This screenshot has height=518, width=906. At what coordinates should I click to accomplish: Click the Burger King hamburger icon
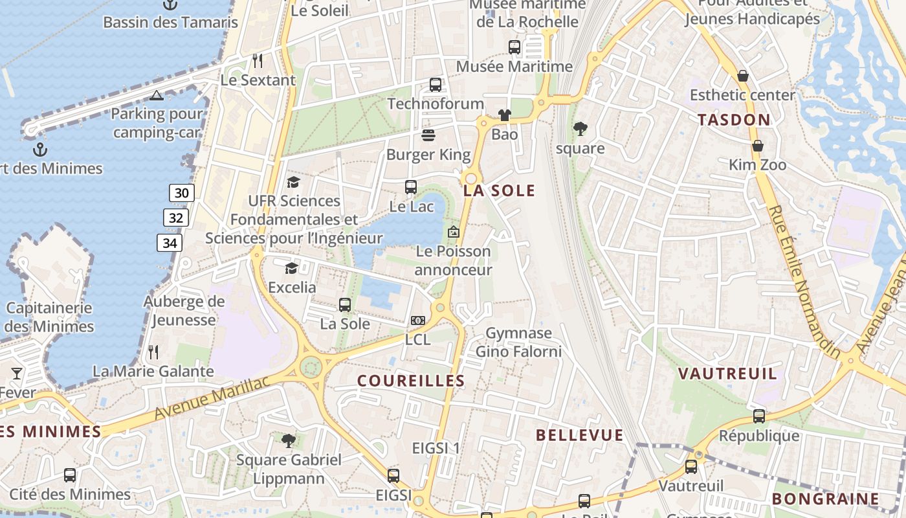coord(428,135)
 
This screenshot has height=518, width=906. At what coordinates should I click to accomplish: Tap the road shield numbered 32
coord(176,218)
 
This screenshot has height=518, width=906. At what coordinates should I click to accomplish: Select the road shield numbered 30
coord(182,192)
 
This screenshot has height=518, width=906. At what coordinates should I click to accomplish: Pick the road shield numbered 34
coord(170,243)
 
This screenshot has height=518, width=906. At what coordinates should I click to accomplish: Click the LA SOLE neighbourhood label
coord(499,190)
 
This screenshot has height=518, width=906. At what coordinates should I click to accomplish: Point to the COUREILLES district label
coord(411,381)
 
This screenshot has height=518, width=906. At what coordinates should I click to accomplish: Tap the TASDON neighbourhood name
coord(734,120)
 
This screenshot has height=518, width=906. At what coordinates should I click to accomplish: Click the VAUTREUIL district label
coord(727,374)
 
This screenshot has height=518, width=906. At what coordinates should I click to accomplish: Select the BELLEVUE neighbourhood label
coord(579,435)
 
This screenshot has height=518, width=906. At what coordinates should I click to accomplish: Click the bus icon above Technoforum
coord(436,84)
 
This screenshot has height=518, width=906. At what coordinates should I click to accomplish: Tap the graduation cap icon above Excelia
coord(291,267)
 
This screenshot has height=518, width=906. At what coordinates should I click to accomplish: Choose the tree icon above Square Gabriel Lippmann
coord(289,441)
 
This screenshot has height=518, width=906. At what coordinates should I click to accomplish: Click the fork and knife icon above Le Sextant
coord(258,61)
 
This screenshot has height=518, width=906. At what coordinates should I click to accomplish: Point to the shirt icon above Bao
coord(505,115)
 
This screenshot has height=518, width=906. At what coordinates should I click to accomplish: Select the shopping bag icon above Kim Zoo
coord(757,146)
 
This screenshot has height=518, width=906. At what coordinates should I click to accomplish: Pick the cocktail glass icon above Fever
coord(17,373)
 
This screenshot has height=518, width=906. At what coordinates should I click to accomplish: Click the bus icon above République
coord(759,416)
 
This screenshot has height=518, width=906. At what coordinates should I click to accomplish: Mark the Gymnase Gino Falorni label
coord(518,343)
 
